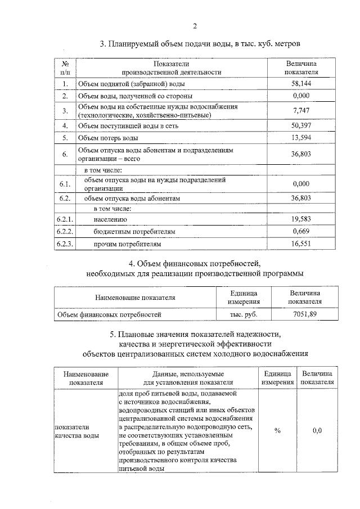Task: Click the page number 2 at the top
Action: (x=195, y=25)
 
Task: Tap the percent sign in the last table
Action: (x=277, y=431)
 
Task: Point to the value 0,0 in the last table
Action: (x=317, y=431)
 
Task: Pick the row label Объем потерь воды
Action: (x=107, y=138)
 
